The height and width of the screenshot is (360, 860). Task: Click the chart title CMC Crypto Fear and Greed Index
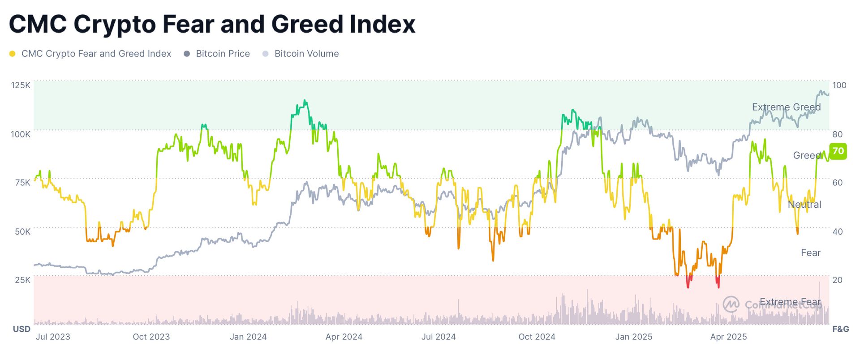212,24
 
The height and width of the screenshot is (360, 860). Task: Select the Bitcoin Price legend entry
223,54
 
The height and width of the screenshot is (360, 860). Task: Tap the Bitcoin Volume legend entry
306,54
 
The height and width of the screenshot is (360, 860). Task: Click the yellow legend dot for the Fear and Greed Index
13,54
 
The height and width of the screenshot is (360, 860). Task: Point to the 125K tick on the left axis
21,85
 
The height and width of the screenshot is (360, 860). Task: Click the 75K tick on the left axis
22,182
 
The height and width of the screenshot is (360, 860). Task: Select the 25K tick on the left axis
22,280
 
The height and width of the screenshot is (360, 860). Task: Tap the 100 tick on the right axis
839,85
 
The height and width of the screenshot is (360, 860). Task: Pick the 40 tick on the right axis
838,231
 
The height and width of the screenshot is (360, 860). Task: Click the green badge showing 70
838,151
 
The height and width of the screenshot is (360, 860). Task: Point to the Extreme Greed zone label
786,107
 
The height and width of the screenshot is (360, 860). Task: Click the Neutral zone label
804,205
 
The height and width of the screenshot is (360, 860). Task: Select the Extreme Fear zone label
790,302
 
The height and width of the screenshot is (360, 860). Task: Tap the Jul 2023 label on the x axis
53,337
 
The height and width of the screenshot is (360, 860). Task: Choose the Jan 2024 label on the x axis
248,337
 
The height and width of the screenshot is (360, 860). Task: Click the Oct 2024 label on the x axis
537,337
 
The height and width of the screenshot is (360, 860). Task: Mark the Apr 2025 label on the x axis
728,337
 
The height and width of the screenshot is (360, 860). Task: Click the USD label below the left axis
21,329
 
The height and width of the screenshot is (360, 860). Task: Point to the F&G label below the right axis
840,329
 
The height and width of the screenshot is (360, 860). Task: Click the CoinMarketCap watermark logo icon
731,304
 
